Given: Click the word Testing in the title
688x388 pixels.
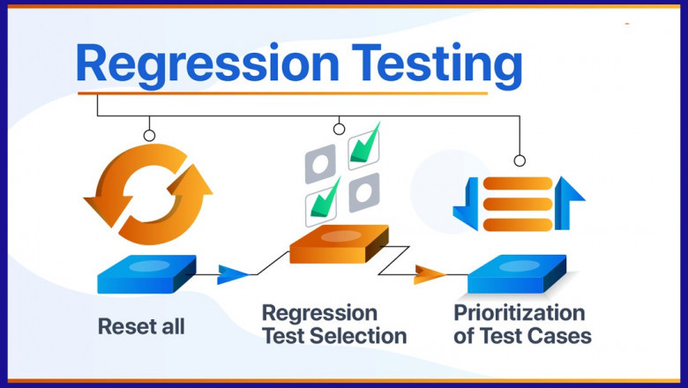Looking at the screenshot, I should tap(428, 63).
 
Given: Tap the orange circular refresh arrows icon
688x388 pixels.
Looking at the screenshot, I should tap(147, 194).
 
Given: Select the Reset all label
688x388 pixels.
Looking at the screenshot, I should tap(141, 326).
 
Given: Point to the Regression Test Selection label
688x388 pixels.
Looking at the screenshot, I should tap(333, 325).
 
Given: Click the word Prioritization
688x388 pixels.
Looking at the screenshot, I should tap(519, 313).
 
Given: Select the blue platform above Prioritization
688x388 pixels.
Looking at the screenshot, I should tap(516, 274).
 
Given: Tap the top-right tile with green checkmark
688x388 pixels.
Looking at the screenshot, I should tap(364, 145).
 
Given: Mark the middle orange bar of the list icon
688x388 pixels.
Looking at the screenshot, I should tap(516, 202).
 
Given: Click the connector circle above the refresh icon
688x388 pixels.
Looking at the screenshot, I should tap(149, 136).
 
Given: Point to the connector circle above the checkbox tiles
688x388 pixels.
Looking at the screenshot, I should tap(339, 130).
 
